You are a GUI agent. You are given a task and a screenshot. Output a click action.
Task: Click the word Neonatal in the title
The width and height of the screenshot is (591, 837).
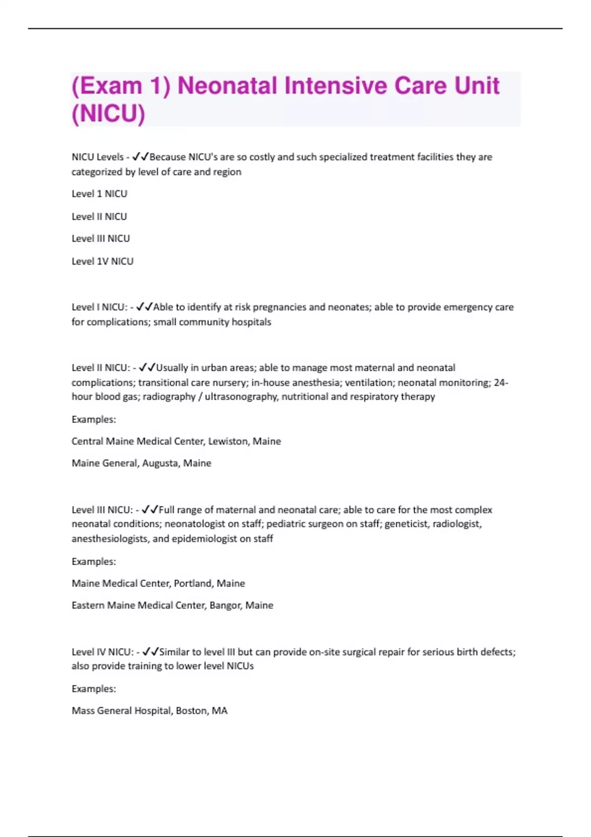pyautogui.click(x=227, y=86)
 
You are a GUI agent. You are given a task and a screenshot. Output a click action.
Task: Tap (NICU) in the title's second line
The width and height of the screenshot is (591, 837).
pyautogui.click(x=108, y=114)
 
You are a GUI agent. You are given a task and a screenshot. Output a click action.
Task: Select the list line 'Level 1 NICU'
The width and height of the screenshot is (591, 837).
pyautogui.click(x=99, y=194)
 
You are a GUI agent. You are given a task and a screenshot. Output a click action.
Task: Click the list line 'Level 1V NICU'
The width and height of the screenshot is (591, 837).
pyautogui.click(x=102, y=261)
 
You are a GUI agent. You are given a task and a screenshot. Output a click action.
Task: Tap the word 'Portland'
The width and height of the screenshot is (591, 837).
pyautogui.click(x=193, y=583)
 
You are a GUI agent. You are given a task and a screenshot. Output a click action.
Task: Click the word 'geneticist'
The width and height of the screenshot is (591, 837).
pyautogui.click(x=406, y=524)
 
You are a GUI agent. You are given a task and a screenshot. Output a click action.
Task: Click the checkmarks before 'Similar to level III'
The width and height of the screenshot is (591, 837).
pyautogui.click(x=150, y=652)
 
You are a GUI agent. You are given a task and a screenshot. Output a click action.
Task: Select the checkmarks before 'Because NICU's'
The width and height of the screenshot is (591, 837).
pyautogui.click(x=140, y=157)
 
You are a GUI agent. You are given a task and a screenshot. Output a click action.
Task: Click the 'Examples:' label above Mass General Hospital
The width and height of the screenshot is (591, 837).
pyautogui.click(x=94, y=689)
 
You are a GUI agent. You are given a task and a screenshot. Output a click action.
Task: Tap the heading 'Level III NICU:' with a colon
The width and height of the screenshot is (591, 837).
pyautogui.click(x=102, y=510)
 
